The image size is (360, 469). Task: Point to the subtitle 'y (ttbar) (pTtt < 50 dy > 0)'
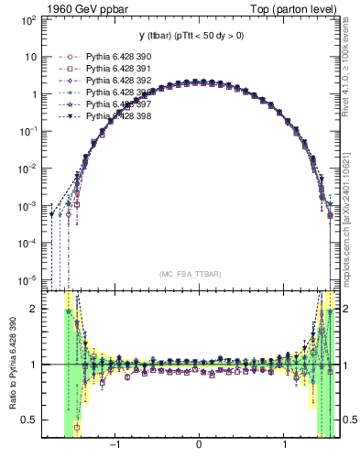[198, 36]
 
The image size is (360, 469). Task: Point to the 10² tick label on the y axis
[27, 19]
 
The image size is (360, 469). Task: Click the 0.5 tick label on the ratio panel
[30, 420]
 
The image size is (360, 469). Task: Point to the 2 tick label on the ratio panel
[36, 309]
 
